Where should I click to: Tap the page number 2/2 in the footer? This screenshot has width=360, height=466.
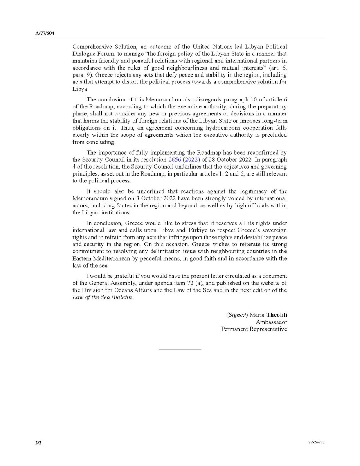pos(38,443)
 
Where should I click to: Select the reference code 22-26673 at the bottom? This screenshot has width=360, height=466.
pos(317,443)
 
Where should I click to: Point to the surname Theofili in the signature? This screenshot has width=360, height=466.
pos(280,315)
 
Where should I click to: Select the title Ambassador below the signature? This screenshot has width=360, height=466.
pos(271,322)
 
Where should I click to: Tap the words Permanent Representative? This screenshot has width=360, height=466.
pos(254,329)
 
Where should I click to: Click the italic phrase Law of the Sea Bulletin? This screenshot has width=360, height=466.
pos(103,297)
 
